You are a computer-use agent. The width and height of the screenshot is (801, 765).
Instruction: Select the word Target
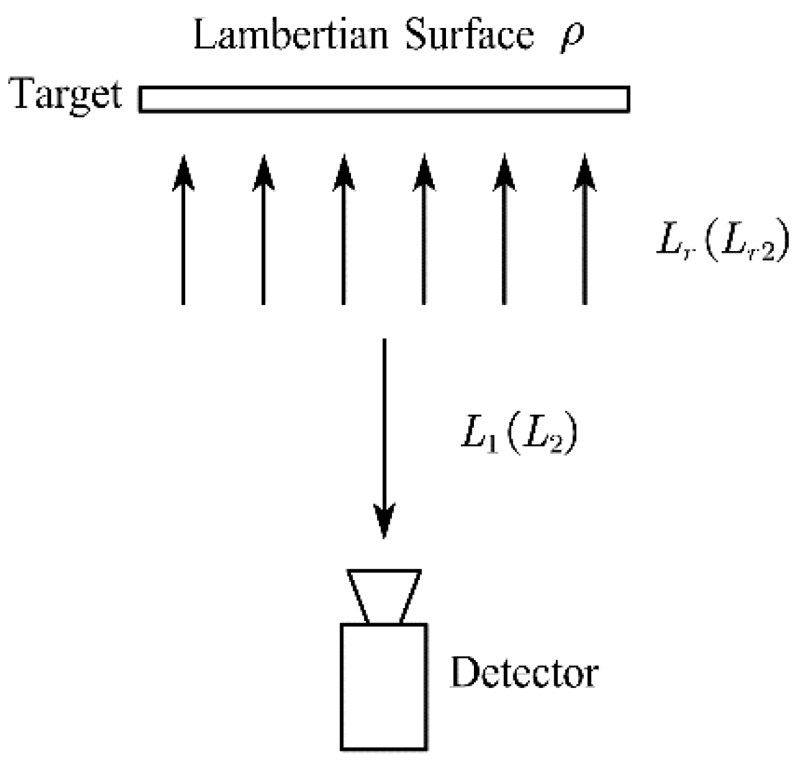click(x=65, y=96)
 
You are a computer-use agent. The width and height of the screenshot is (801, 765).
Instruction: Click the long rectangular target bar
click(x=384, y=99)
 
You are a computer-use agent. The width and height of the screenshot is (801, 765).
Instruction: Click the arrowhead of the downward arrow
click(x=384, y=522)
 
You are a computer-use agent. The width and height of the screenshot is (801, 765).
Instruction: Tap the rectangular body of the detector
click(x=384, y=686)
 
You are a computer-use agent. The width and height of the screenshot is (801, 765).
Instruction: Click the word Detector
click(x=524, y=674)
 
